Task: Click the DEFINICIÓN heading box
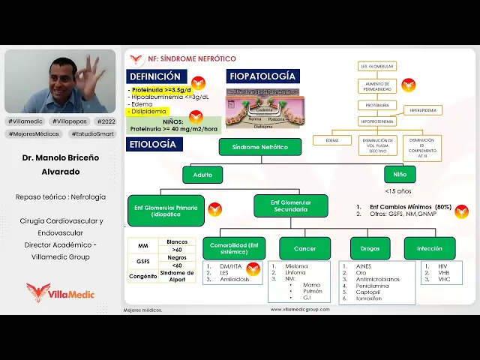155,76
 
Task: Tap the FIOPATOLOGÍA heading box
262,76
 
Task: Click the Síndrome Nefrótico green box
260,147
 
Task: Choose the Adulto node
202,175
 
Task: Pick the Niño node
394,175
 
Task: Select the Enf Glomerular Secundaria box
290,206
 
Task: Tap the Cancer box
304,248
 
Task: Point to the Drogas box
370,248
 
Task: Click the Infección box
430,248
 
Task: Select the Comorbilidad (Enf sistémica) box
232,248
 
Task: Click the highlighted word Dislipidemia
148,111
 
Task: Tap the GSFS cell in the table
142,260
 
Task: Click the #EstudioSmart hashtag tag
92,133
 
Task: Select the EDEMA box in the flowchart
332,140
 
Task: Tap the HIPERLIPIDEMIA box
424,110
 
